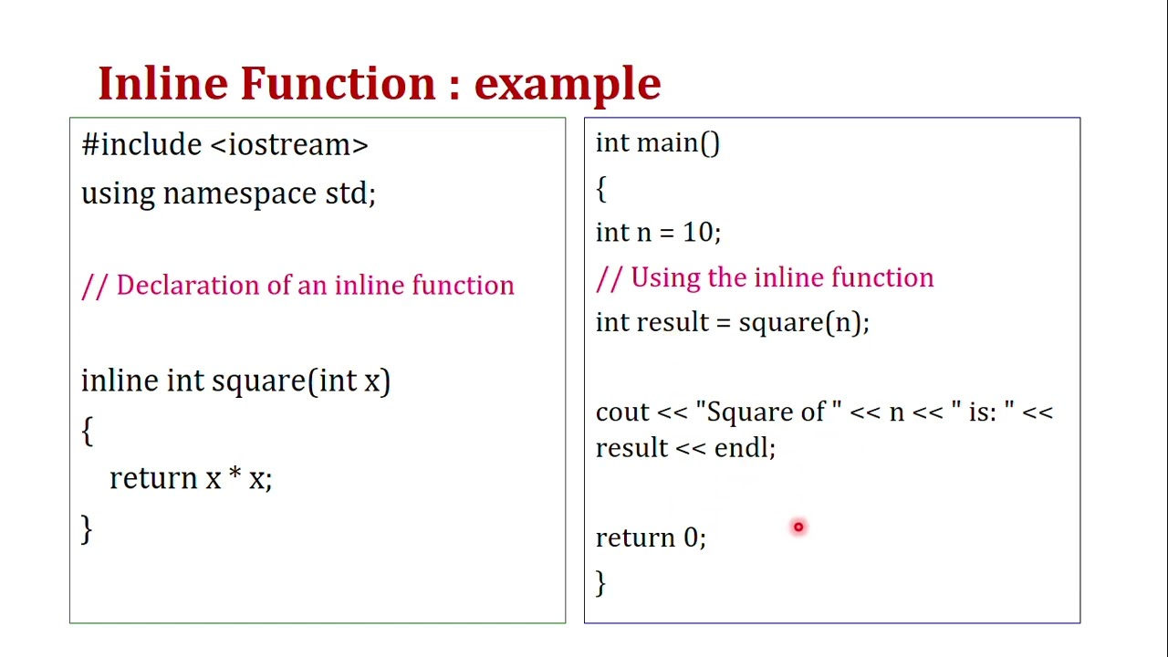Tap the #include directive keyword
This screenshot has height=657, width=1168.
(x=141, y=145)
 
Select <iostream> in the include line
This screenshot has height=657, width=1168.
(x=288, y=145)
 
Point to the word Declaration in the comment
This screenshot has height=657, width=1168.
(x=188, y=286)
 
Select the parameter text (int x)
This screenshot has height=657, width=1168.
(x=354, y=381)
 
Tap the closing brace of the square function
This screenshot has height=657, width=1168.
(x=87, y=529)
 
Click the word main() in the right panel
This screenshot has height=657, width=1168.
(x=677, y=143)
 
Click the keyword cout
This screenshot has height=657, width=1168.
(x=621, y=412)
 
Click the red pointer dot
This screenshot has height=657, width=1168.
(x=798, y=527)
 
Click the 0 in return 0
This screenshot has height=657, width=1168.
(x=691, y=537)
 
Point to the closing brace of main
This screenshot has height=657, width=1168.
(x=600, y=582)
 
